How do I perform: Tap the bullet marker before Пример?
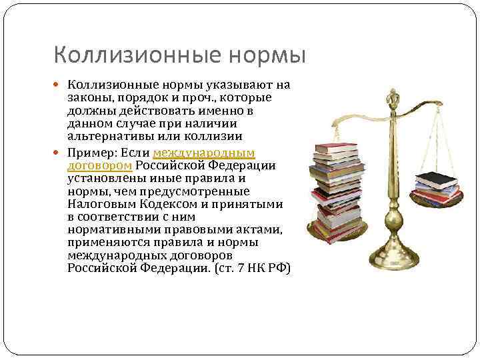(x=61, y=153)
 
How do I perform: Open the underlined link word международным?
(x=203, y=153)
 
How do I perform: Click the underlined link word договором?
(x=100, y=166)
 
